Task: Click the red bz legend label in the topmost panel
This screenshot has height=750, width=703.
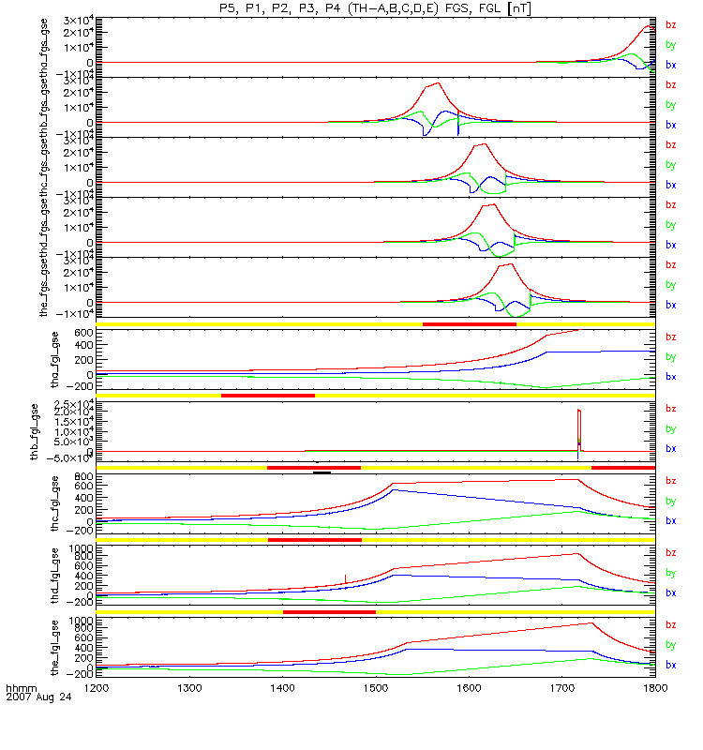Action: click(670, 26)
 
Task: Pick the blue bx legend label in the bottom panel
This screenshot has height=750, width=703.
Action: click(670, 665)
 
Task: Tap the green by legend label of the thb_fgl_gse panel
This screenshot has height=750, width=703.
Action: click(670, 429)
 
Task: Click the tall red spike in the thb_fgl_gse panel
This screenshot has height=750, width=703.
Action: click(579, 422)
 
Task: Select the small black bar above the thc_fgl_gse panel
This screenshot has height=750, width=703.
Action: click(322, 472)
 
